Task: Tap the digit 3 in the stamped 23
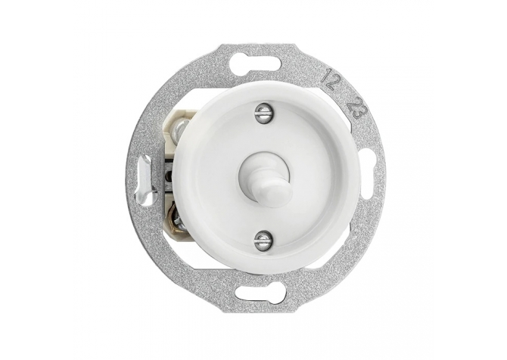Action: pos(360,115)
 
